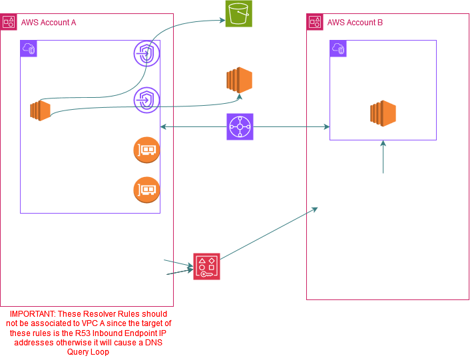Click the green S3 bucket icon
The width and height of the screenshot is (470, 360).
(x=238, y=13)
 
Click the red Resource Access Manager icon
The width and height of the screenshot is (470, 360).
(x=206, y=266)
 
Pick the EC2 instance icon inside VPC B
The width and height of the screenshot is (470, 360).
(x=383, y=113)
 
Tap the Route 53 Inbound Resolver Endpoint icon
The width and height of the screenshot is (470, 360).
(x=146, y=148)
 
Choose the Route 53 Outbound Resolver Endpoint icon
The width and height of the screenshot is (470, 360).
(x=146, y=190)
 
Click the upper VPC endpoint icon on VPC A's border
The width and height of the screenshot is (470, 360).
(x=146, y=53)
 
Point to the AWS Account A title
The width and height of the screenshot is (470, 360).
(x=48, y=22)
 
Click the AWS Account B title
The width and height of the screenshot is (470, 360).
(x=355, y=22)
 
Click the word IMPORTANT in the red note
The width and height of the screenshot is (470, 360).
(x=31, y=313)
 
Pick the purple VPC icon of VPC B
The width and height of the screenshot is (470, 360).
(x=339, y=49)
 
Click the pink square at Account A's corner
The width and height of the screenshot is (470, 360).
(x=8, y=21)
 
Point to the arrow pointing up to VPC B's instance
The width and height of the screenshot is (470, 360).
(x=383, y=154)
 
